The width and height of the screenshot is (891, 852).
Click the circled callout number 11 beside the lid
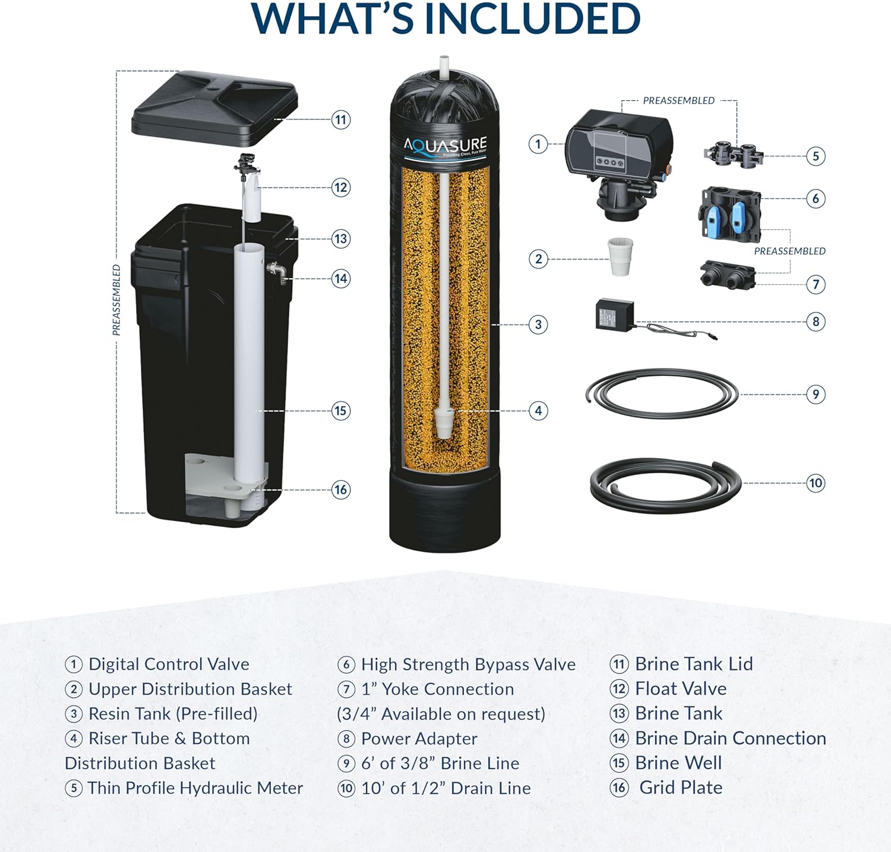[x=340, y=119]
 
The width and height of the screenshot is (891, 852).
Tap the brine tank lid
[x=214, y=109]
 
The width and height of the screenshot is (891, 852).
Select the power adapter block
[x=615, y=314]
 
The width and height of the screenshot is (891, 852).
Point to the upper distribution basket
[x=621, y=256]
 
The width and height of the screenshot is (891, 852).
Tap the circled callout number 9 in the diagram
[x=816, y=394]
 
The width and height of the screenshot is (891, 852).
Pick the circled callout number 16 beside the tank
[x=340, y=490]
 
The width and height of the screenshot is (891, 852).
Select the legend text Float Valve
[x=681, y=689]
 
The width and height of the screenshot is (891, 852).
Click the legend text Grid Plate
[x=681, y=787]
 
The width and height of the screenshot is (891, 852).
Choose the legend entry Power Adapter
[x=419, y=739]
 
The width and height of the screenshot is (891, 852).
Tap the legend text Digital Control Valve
[x=169, y=664]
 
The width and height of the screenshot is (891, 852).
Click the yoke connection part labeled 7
[x=728, y=274]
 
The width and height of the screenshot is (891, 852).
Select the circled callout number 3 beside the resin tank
[x=538, y=324]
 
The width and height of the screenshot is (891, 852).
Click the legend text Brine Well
[x=678, y=763]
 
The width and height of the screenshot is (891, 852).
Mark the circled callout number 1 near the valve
[x=538, y=144]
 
